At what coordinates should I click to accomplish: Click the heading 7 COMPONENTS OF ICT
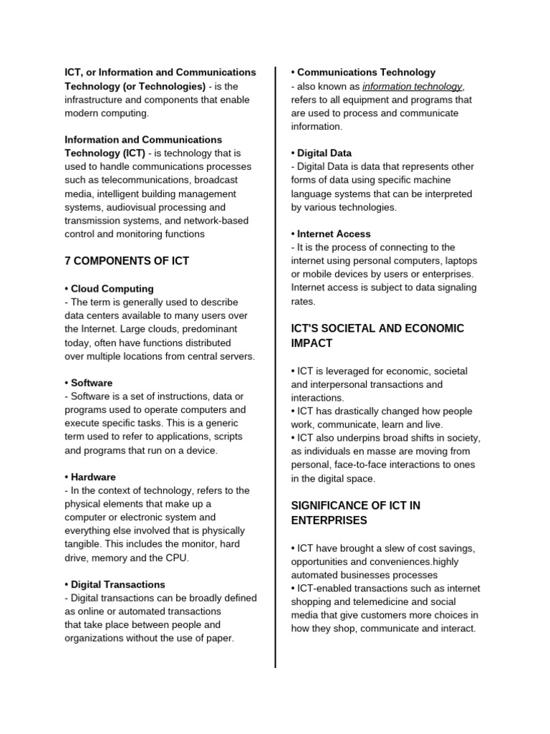127,261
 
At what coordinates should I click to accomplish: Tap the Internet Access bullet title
331,234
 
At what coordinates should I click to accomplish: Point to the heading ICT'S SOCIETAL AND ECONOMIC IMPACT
377,335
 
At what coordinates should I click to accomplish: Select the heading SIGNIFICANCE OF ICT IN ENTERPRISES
355,513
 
